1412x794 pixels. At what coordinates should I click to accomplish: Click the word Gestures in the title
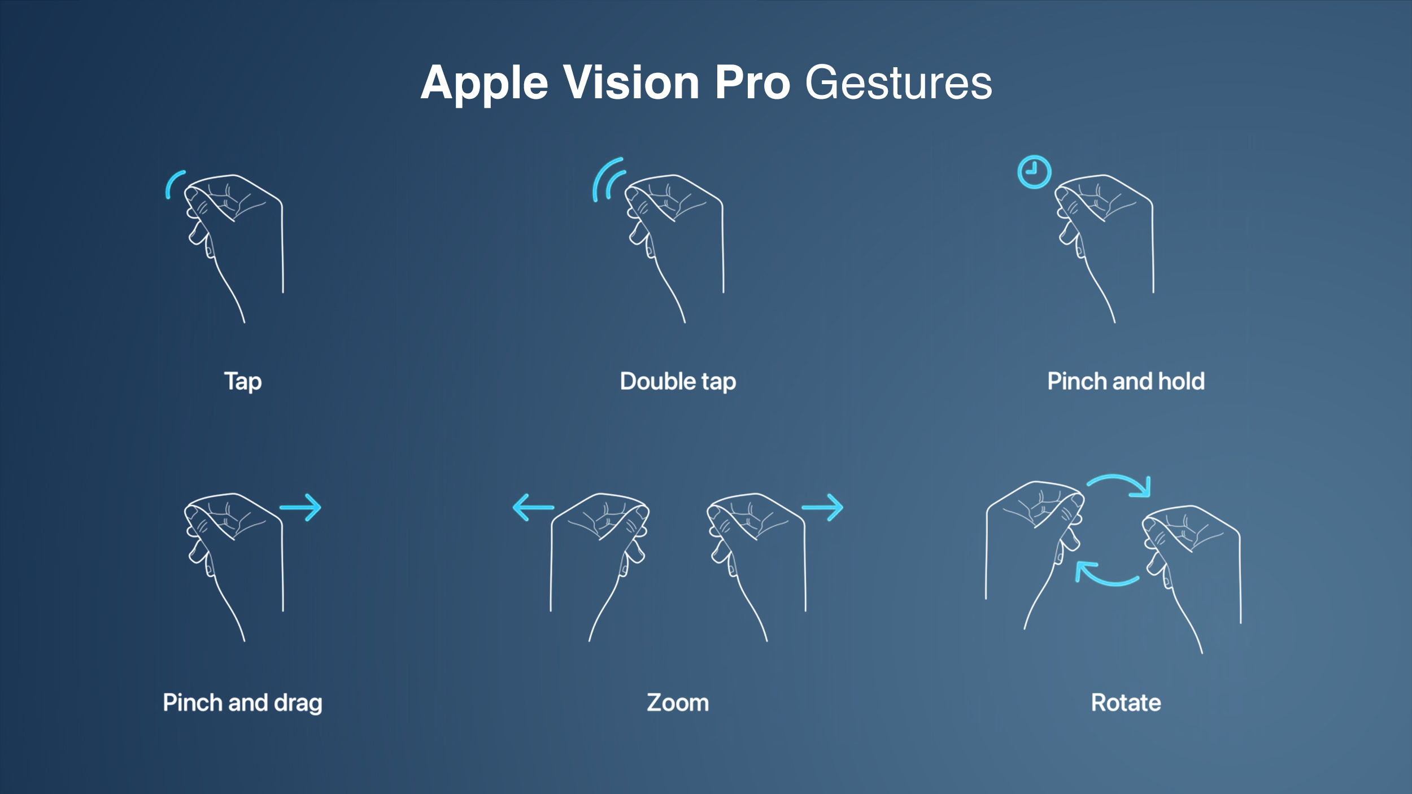[x=898, y=83]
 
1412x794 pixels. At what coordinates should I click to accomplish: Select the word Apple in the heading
[x=484, y=83]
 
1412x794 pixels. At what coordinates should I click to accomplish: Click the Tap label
[x=243, y=381]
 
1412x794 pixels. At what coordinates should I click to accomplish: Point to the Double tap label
[x=678, y=381]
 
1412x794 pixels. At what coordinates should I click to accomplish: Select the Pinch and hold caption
[x=1126, y=381]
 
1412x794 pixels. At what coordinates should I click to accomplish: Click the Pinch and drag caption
[x=242, y=703]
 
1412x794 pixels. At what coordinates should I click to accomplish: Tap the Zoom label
[x=678, y=703]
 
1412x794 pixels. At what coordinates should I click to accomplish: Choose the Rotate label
[x=1126, y=703]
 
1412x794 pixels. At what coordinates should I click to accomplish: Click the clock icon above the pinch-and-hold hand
[x=1034, y=172]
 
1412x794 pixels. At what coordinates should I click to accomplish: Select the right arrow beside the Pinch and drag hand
[x=300, y=508]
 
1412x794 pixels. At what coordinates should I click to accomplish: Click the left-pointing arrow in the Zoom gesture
[x=533, y=507]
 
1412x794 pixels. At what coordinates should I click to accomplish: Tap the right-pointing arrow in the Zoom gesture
[x=822, y=508]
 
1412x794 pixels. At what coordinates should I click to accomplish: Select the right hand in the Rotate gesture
[x=1192, y=570]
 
